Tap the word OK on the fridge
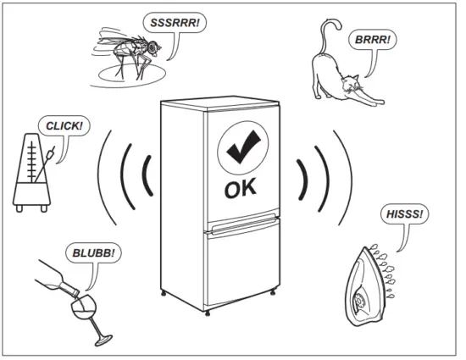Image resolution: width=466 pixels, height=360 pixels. point(245,189)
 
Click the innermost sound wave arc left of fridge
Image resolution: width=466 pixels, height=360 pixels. point(147,179)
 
